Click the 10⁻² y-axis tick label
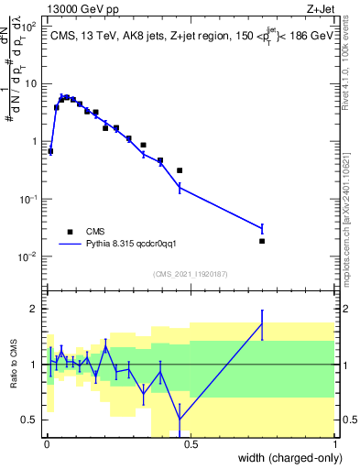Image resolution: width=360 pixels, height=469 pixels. click(x=27, y=256)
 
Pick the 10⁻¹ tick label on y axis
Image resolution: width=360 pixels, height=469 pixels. click(x=27, y=199)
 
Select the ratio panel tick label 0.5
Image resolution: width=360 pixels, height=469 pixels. click(x=30, y=420)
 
